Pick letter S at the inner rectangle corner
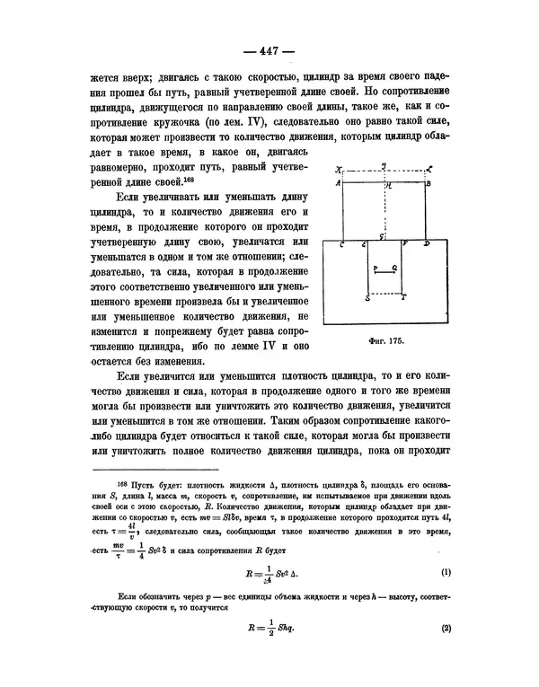(367, 297)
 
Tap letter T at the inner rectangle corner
(403, 297)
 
